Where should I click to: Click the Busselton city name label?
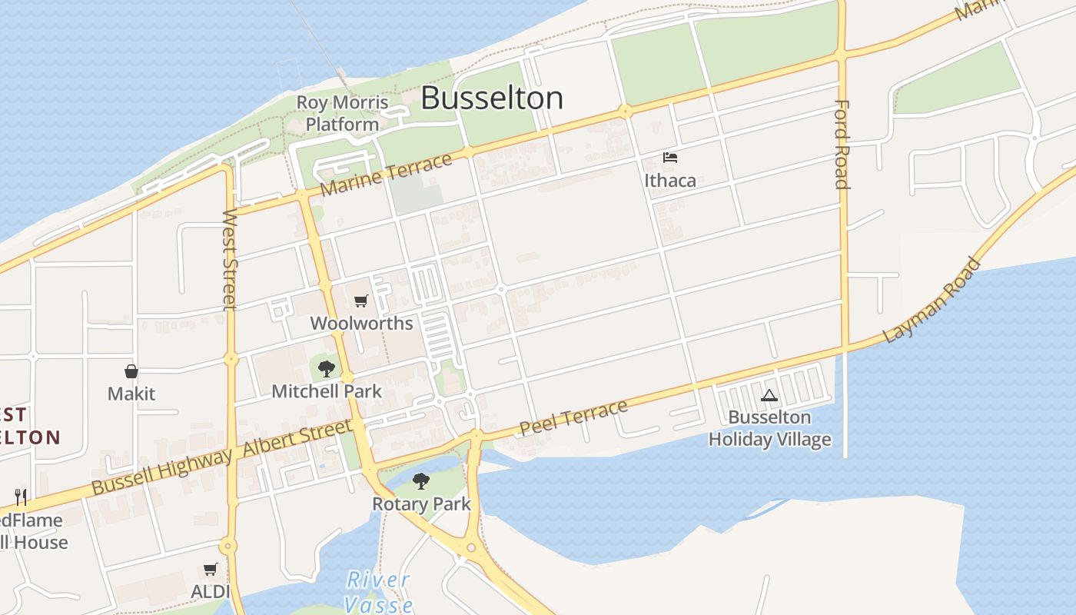pyautogui.click(x=492, y=98)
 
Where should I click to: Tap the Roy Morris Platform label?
pyautogui.click(x=342, y=113)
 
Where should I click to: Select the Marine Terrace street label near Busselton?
pyautogui.click(x=386, y=175)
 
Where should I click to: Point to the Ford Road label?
pyautogui.click(x=842, y=144)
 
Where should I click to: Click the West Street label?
pyautogui.click(x=229, y=259)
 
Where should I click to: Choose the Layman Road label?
pyautogui.click(x=932, y=300)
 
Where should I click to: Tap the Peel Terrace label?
pyautogui.click(x=573, y=417)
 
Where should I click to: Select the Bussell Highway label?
pyautogui.click(x=161, y=471)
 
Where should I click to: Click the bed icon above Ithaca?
pyautogui.click(x=670, y=158)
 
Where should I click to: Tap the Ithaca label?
pyautogui.click(x=670, y=181)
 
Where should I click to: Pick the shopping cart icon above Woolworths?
pyautogui.click(x=360, y=301)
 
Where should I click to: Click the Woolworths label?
pyautogui.click(x=361, y=323)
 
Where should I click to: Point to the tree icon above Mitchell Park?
pyautogui.click(x=327, y=369)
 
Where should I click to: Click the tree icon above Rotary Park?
pyautogui.click(x=420, y=482)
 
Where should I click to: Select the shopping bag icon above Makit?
pyautogui.click(x=131, y=372)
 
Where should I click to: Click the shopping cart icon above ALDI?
pyautogui.click(x=210, y=570)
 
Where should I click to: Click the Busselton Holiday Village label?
pyautogui.click(x=769, y=428)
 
